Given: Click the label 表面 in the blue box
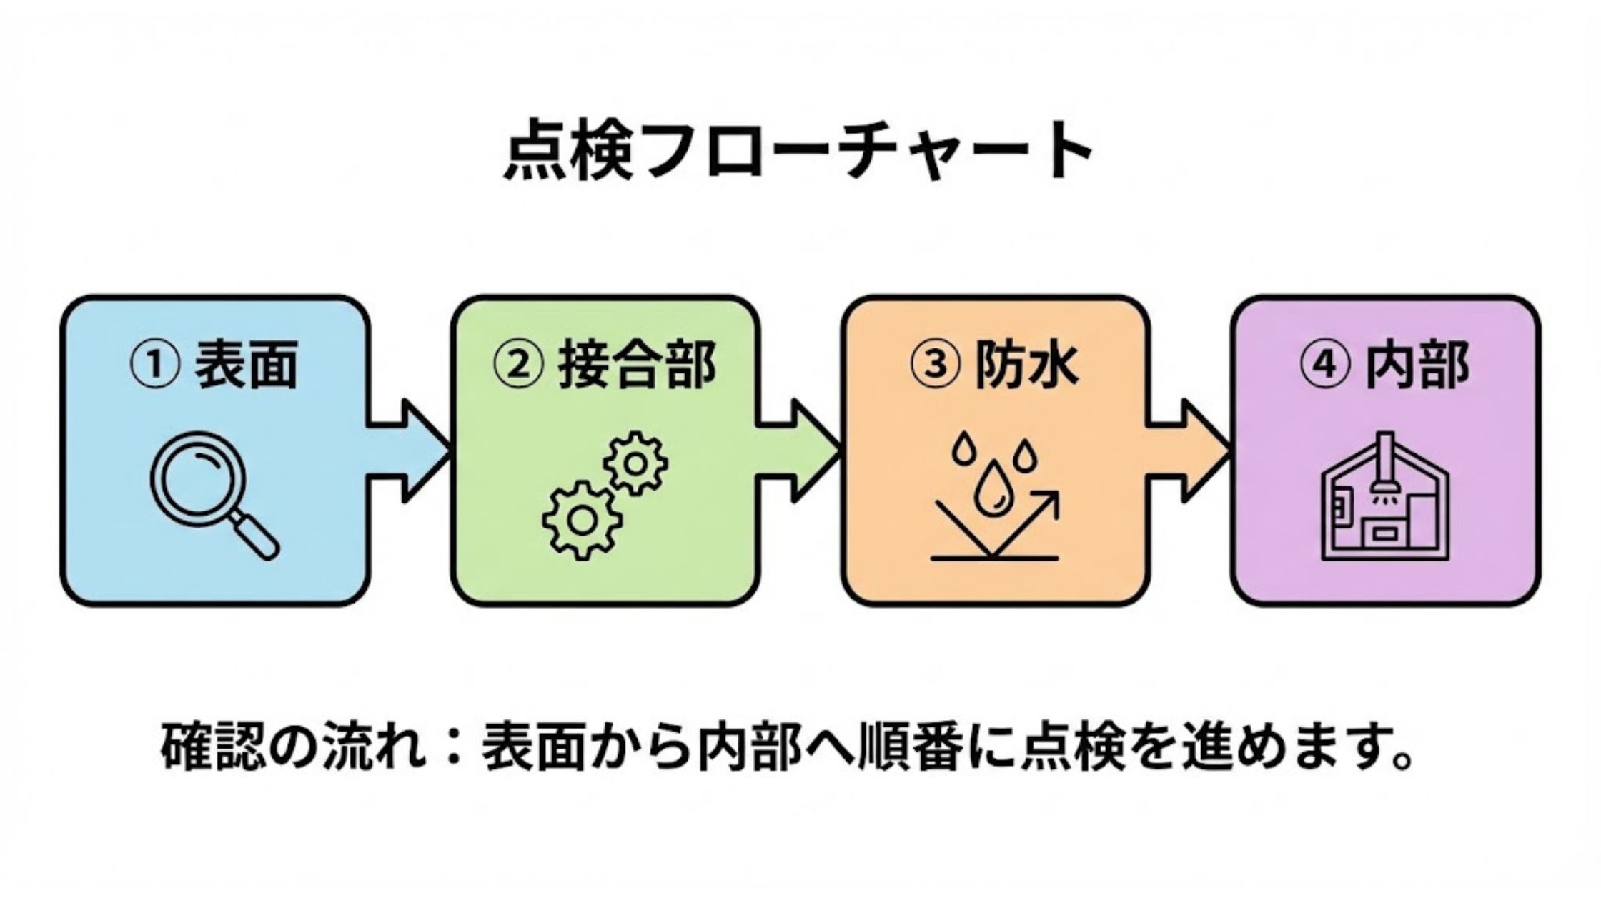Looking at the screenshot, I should point(247,365).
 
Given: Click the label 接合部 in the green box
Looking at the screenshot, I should point(637,365).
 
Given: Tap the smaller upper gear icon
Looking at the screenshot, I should point(635,463).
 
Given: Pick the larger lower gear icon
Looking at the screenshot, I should point(582,520).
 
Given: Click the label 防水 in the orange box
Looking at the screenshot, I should point(1026,365).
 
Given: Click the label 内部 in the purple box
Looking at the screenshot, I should point(1417,365).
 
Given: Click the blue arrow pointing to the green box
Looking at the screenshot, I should point(411,450).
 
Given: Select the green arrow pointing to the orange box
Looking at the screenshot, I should point(800,450).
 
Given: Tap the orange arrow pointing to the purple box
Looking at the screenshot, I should point(1189,450).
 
